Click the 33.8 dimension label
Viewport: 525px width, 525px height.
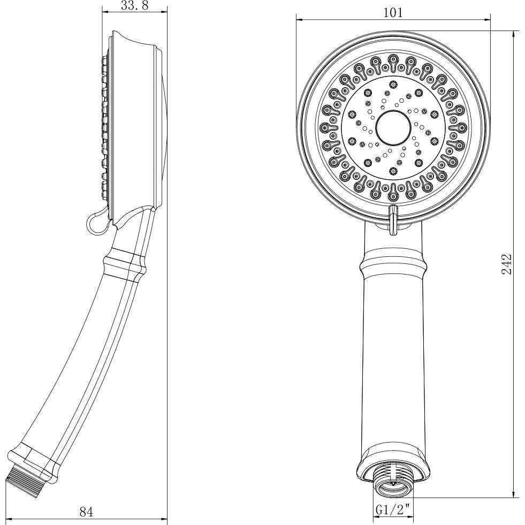pos(135,5)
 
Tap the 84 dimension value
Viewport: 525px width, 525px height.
pos(86,512)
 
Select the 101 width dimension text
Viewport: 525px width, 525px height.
pos(393,13)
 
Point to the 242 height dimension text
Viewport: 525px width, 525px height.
pos(507,264)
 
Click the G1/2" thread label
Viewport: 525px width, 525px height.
pos(393,510)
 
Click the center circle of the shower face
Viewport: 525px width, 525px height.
pos(393,127)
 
